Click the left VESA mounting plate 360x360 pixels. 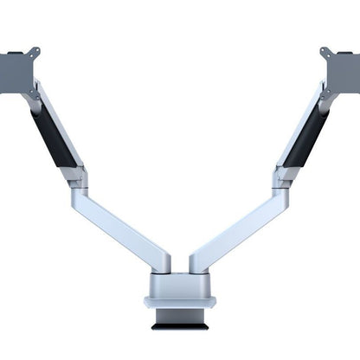(x=15, y=71)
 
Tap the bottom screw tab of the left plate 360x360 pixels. (x=34, y=92)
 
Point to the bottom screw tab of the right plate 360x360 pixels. (x=325, y=91)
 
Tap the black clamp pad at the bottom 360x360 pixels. (x=179, y=326)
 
